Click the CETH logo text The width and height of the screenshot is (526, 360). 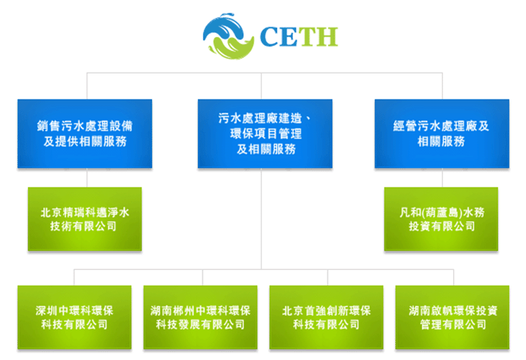(x=299, y=37)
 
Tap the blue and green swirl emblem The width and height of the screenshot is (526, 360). (x=229, y=36)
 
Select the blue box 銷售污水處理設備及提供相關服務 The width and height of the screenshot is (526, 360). (x=85, y=134)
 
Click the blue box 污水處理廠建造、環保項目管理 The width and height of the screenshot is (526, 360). (x=265, y=134)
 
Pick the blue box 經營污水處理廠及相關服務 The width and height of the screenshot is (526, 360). (x=442, y=134)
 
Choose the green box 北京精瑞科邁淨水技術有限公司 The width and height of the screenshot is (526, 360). (x=85, y=219)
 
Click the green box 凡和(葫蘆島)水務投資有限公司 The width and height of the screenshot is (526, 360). (x=441, y=219)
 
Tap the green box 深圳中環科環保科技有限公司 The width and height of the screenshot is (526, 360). (x=74, y=317)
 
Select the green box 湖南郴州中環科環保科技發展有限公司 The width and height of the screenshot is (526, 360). (x=200, y=317)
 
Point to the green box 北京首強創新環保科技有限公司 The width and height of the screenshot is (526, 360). (x=327, y=317)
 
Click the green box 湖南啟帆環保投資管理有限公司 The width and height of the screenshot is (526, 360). (x=452, y=317)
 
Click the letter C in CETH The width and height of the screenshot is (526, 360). (x=269, y=37)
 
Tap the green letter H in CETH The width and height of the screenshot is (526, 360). (x=327, y=37)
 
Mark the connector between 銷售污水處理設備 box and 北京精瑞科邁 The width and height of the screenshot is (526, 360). (x=87, y=178)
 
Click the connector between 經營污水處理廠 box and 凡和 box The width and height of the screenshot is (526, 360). (x=442, y=178)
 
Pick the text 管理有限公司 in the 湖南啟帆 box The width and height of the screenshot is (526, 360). (x=453, y=324)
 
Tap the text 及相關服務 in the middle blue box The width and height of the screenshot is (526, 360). (x=267, y=149)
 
